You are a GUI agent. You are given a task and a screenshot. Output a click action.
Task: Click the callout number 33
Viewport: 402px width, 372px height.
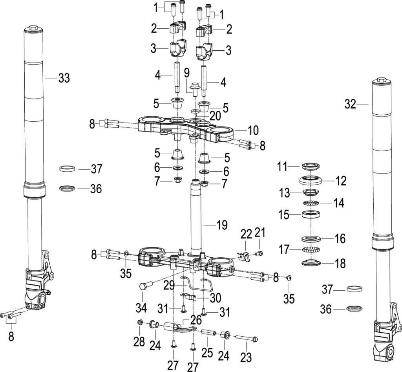pos(64,78)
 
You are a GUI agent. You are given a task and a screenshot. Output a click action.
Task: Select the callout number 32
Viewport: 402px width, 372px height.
pos(350,104)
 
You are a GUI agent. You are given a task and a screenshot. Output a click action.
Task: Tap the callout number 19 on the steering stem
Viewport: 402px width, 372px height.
pos(222,225)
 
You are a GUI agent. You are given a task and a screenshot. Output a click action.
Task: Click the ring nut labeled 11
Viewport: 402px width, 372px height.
pos(311,166)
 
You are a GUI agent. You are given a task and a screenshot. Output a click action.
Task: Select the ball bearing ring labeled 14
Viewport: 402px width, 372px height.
pos(311,203)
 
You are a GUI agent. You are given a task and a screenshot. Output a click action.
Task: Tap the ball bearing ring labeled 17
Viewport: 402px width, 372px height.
pos(311,249)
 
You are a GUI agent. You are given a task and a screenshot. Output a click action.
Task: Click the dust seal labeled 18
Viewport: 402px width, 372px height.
pos(311,262)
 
